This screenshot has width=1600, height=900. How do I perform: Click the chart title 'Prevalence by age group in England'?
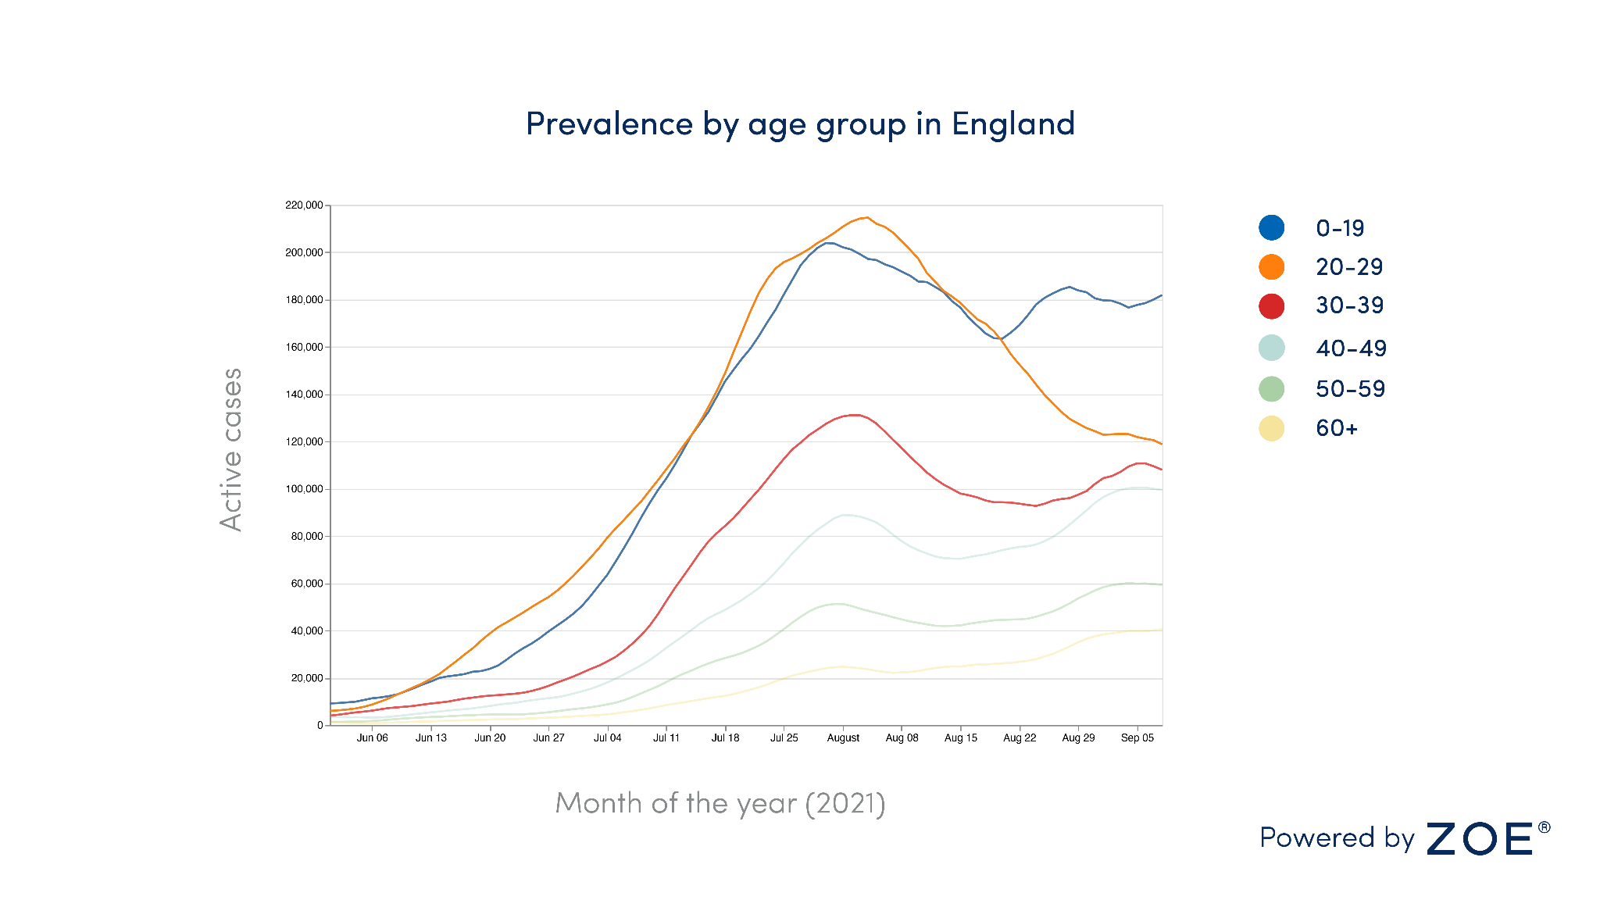tap(800, 124)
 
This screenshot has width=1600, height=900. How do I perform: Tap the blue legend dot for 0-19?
tap(1271, 228)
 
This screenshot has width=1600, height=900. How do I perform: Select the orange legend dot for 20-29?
tap(1271, 267)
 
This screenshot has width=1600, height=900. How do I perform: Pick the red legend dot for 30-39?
tap(1271, 305)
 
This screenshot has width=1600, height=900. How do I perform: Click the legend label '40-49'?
tap(1351, 348)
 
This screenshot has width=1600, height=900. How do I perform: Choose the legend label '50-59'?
tap(1350, 389)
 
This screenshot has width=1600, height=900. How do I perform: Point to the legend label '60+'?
tap(1337, 428)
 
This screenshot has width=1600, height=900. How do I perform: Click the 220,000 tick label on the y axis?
tap(304, 205)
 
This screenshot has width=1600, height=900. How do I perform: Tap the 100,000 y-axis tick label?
tap(304, 489)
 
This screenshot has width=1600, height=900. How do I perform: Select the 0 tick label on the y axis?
tap(320, 725)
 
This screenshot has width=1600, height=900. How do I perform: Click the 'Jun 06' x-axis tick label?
tap(372, 738)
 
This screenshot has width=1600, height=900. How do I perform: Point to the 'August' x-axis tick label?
tap(843, 738)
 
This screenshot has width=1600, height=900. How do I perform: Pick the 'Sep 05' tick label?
tap(1137, 738)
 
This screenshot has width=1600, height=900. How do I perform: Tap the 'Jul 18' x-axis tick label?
tap(725, 738)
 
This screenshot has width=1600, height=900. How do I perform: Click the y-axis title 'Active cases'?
tap(231, 449)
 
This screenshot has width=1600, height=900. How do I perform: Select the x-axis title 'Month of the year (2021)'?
tap(720, 803)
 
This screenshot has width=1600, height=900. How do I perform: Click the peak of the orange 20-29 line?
tap(866, 217)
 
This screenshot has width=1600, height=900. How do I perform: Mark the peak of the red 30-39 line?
tap(855, 415)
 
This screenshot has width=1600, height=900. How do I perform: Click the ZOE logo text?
tap(1480, 839)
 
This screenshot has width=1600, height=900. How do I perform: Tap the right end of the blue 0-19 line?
tap(1161, 295)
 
